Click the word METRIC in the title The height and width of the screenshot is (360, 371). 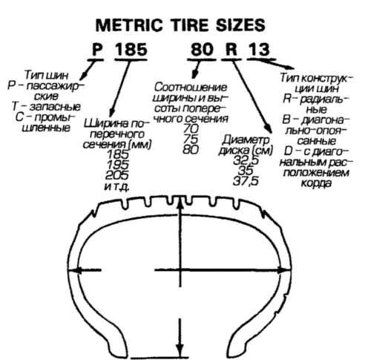tap(129, 25)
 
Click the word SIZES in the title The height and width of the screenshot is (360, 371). tap(240, 25)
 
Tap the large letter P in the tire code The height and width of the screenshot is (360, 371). tap(97, 49)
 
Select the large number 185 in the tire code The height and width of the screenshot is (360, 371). tap(131, 49)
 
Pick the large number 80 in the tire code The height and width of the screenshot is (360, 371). tap(202, 49)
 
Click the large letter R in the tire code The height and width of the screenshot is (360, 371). tap(232, 49)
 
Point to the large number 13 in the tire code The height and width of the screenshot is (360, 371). tap(259, 49)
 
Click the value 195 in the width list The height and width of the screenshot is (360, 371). tap(117, 165)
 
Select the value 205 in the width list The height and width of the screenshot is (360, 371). tap(117, 175)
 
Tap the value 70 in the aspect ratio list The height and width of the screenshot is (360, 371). tap(191, 128)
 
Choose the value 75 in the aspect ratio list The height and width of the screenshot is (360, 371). tap(191, 139)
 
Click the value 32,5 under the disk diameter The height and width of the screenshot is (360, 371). tap(246, 160)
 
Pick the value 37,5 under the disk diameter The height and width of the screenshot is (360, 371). tap(246, 181)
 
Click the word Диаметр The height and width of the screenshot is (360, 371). tap(246, 140)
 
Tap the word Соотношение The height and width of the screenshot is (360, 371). tap(191, 87)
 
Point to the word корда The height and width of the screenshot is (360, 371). tap(316, 183)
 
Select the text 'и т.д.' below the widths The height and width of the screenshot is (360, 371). tap(116, 187)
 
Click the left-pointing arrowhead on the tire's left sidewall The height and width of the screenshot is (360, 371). tap(76, 270)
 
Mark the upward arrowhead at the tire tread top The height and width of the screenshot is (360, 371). tap(180, 204)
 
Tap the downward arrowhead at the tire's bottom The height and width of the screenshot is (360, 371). tap(180, 350)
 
